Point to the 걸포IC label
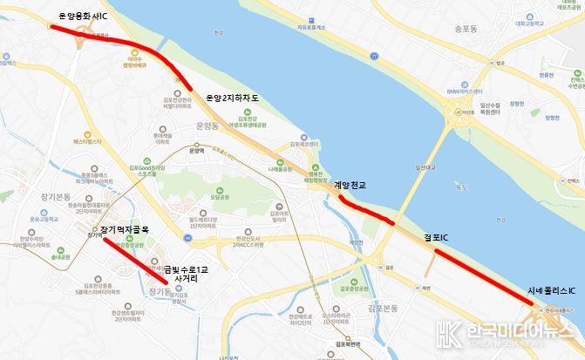pos(436,236)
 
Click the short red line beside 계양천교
pos(365,210)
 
